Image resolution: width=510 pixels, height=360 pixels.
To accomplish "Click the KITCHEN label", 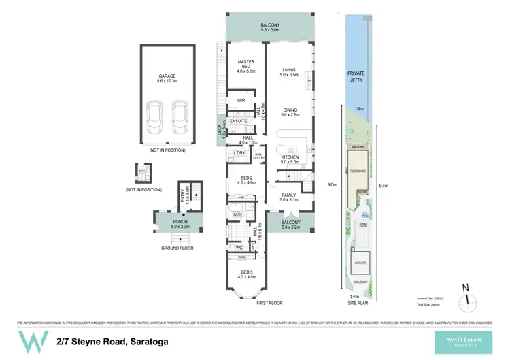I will pyautogui.click(x=290, y=159).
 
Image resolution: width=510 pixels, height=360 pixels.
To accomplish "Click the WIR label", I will pyautogui.click(x=240, y=100).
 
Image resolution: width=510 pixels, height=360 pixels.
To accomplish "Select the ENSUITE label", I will pyautogui.click(x=237, y=121).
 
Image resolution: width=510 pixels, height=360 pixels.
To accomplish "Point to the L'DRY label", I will pyautogui.click(x=239, y=152).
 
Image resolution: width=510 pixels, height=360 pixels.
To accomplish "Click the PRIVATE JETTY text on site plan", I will pyautogui.click(x=357, y=76).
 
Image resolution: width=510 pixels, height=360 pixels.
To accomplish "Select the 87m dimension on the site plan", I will pyautogui.click(x=384, y=185).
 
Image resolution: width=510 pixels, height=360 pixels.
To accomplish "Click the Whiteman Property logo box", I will pyautogui.click(x=466, y=340).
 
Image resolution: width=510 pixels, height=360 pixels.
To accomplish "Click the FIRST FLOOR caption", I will pyautogui.click(x=269, y=303).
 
